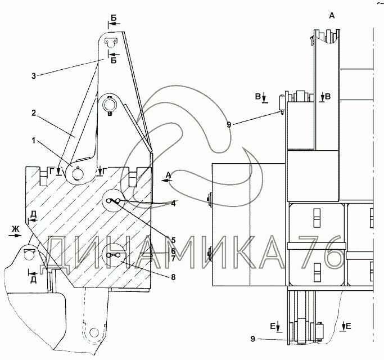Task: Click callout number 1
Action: point(33,141)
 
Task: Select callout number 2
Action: point(34,113)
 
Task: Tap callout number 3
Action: point(34,76)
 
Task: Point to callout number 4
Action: point(173,204)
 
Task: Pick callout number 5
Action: point(173,240)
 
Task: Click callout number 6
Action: point(173,251)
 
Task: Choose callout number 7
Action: point(173,258)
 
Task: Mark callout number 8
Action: point(173,277)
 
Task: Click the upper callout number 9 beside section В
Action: point(229,125)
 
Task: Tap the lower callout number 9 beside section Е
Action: point(253,339)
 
